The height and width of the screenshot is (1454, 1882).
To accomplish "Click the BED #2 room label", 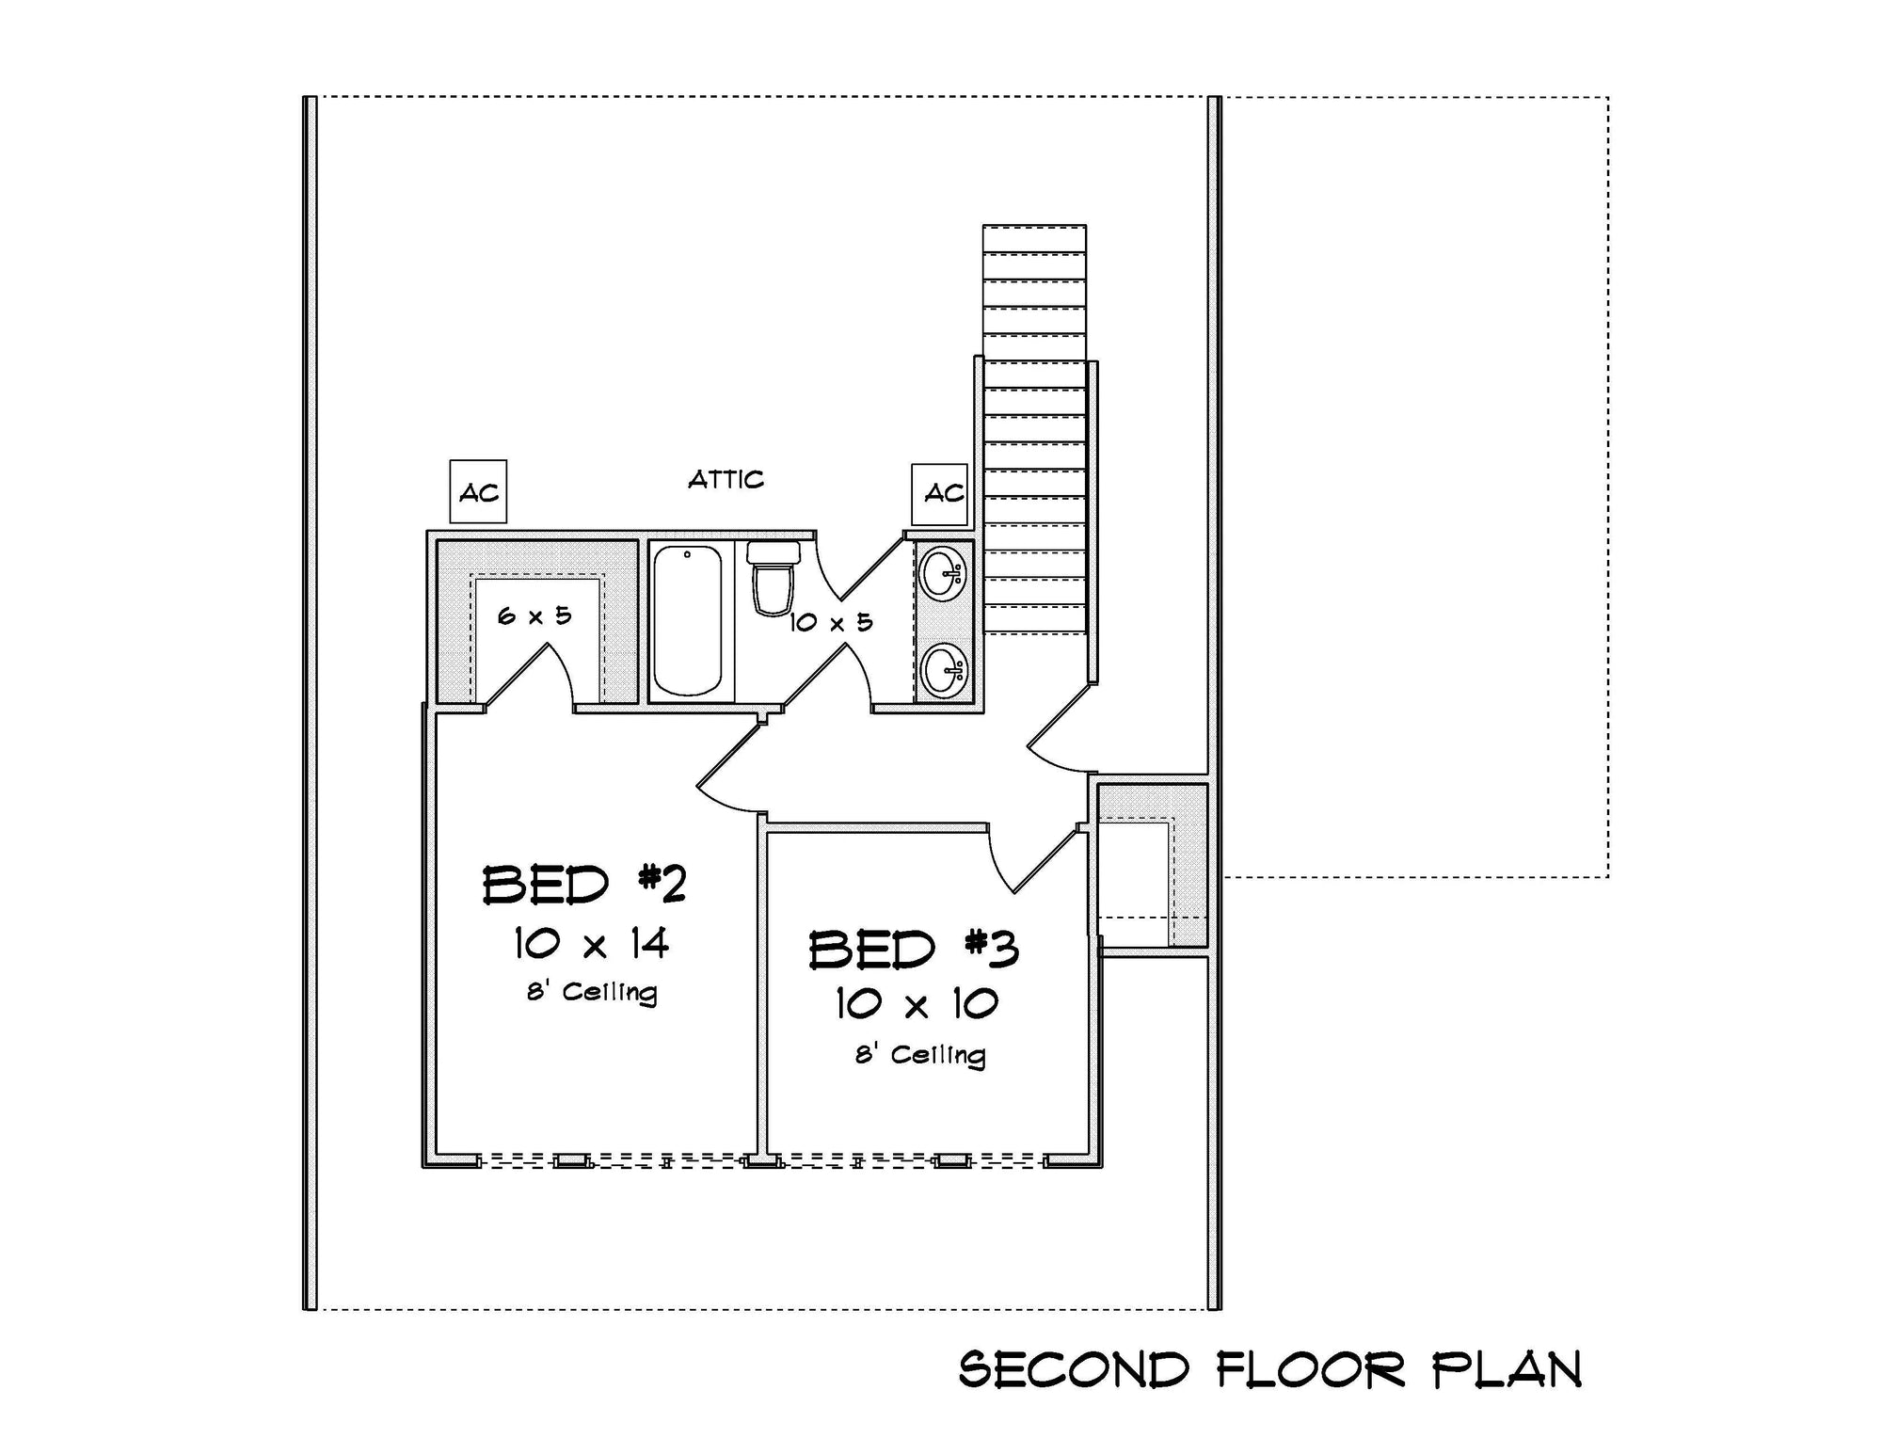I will tap(584, 886).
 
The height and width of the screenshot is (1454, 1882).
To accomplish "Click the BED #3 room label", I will tap(914, 950).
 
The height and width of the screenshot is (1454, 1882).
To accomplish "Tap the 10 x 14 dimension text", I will tap(591, 943).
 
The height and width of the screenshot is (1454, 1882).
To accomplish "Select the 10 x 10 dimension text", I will tap(916, 1004).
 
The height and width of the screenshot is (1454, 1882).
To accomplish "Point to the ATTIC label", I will tap(726, 480).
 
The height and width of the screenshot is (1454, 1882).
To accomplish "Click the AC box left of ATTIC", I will tap(478, 492).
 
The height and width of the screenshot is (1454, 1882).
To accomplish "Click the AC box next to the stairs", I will tap(940, 493).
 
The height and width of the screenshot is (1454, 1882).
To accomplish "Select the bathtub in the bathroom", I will tap(688, 621).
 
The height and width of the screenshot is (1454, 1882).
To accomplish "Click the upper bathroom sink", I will tap(943, 572).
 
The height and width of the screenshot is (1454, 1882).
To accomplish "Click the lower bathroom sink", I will tap(943, 670).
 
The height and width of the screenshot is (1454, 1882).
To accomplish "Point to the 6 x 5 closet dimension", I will tap(534, 616).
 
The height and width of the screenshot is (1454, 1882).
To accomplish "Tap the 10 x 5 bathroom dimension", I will tap(831, 622).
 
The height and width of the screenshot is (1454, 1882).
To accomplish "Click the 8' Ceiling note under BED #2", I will tap(592, 993).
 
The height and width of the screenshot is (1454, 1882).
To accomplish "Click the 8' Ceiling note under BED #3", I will tap(919, 1055).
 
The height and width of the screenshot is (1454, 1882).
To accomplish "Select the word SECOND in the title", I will tap(1074, 1370).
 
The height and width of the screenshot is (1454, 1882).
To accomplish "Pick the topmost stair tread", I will tap(1034, 238).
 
